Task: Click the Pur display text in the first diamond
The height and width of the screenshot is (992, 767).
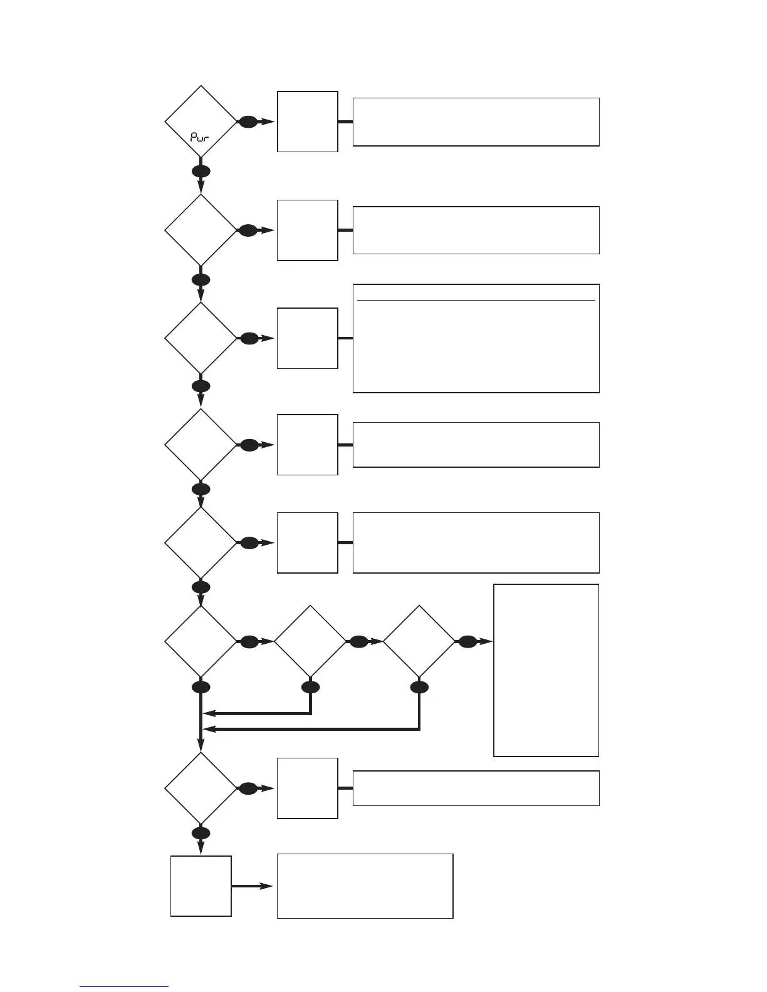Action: (200, 136)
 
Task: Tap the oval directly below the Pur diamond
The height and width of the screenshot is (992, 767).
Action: (201, 171)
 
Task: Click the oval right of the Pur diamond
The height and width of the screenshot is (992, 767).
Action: (248, 122)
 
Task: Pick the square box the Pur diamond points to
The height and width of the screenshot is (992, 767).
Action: (308, 121)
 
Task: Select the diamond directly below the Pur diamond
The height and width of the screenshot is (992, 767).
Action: (201, 230)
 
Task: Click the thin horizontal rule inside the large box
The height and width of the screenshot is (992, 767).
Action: (476, 301)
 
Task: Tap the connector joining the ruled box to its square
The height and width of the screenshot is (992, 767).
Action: (345, 338)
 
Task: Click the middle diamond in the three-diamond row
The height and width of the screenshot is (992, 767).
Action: (310, 642)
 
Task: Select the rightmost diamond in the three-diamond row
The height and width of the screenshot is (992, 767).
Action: (419, 642)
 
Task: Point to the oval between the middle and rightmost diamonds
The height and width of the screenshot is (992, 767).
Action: (358, 642)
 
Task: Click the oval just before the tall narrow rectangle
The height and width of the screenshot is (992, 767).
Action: (467, 642)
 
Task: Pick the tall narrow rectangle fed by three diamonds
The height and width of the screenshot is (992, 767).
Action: (546, 670)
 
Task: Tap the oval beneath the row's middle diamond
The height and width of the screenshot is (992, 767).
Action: (310, 688)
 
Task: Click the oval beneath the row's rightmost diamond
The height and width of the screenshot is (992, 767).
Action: (419, 688)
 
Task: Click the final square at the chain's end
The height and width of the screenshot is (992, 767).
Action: (201, 886)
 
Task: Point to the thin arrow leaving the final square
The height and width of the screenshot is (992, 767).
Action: (253, 886)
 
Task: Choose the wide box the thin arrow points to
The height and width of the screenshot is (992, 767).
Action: (365, 886)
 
